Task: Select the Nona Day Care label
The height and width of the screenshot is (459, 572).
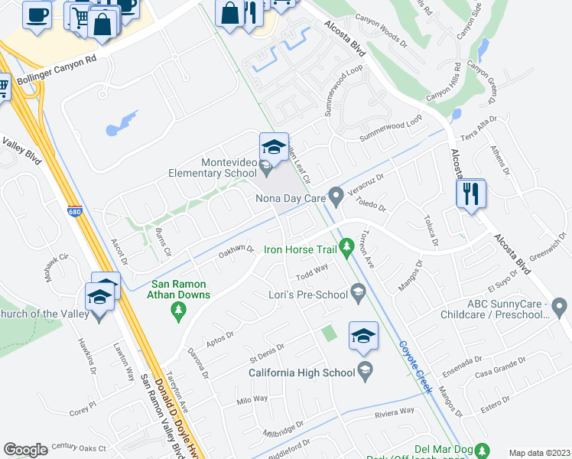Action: [x=291, y=198]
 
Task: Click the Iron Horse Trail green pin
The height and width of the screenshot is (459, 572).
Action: [x=346, y=246]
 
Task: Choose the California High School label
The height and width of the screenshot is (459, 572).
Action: [x=302, y=373]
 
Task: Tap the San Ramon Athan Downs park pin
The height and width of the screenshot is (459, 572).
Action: [x=179, y=310]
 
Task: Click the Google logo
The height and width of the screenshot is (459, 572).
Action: [x=25, y=449]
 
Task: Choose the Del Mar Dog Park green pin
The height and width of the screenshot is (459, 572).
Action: [x=482, y=449]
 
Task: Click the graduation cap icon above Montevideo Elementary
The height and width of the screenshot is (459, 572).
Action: [x=273, y=145]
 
